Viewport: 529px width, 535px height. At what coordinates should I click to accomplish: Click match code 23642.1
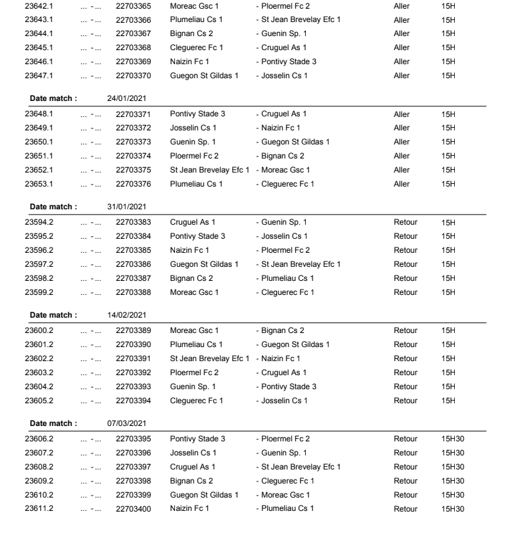click(39, 5)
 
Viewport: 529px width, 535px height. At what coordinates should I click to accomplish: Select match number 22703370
click(133, 76)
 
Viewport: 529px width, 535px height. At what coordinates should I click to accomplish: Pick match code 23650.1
click(39, 142)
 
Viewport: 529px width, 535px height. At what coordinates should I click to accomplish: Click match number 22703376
click(133, 184)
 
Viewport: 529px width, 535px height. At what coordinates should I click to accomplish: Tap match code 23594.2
click(39, 222)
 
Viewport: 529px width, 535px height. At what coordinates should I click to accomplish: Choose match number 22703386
click(133, 264)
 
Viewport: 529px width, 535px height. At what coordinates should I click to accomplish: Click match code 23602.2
click(39, 358)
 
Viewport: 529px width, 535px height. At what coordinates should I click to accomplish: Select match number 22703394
click(133, 401)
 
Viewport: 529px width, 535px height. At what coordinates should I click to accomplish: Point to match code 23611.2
click(39, 509)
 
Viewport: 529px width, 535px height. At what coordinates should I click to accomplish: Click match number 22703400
click(133, 509)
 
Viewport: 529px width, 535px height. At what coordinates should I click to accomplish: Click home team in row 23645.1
click(196, 47)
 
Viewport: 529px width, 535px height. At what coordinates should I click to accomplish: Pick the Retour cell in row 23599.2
click(405, 292)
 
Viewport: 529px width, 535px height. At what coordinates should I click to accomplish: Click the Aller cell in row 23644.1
click(401, 33)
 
